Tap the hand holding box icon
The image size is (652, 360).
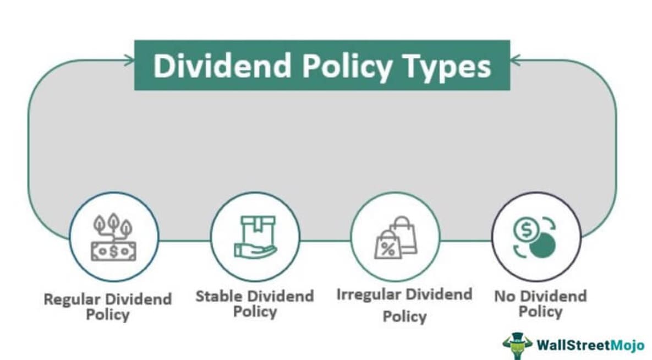click(x=255, y=237)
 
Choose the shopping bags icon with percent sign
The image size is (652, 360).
click(x=395, y=237)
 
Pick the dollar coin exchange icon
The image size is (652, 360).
click(x=535, y=237)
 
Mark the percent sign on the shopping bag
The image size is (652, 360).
click(x=388, y=248)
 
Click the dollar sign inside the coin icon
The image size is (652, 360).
click(x=526, y=230)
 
